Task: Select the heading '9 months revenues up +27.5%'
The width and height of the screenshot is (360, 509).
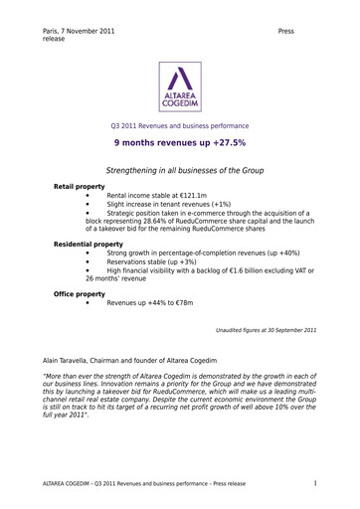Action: (x=179, y=143)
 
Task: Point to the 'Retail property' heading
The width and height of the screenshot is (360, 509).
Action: (x=81, y=187)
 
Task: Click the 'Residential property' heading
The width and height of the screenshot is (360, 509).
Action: (x=89, y=244)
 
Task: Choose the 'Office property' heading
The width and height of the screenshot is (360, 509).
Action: (x=81, y=294)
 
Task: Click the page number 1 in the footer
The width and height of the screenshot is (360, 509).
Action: (x=315, y=483)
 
